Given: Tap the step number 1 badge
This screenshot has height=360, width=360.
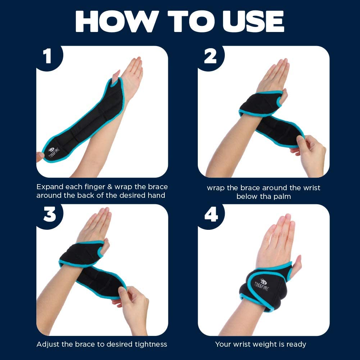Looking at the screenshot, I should point(47,57).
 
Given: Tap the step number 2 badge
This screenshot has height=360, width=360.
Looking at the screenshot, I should point(210,57).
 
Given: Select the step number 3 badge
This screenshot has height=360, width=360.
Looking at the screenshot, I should point(49,215).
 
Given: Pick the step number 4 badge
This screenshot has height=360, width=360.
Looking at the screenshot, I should point(211,215).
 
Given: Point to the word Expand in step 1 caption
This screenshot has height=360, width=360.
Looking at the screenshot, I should point(51,187).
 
